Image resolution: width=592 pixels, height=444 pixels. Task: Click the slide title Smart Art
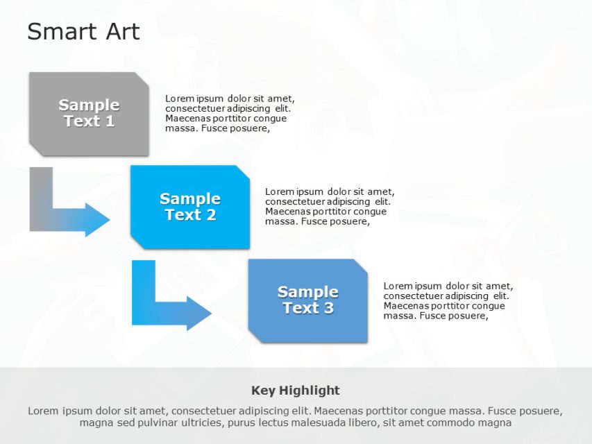pos(83,32)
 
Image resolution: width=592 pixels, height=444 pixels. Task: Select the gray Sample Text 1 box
pos(89,114)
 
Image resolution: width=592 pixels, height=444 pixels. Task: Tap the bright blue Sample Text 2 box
pos(190,207)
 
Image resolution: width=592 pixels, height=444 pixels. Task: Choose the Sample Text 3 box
pos(307,300)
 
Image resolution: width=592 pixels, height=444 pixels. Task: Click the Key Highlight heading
pos(295,390)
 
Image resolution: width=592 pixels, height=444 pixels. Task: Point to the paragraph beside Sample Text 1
pos(229,113)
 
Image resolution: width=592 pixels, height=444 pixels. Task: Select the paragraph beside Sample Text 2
pos(329,207)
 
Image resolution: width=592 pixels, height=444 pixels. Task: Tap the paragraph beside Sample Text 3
pos(448,300)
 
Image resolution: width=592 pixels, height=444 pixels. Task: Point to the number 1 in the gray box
pos(110,121)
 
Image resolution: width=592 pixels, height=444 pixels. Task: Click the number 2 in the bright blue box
pos(211,215)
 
